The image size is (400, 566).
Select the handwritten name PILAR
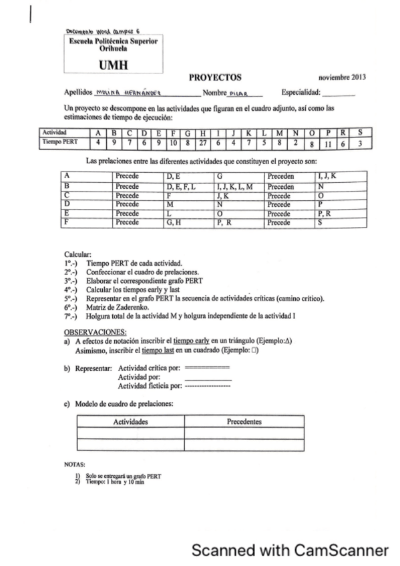point(238,94)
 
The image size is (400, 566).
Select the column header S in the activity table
point(360,132)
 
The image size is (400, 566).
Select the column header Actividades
point(130,422)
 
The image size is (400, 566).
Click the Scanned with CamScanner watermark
point(289,550)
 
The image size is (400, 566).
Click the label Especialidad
point(301,94)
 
